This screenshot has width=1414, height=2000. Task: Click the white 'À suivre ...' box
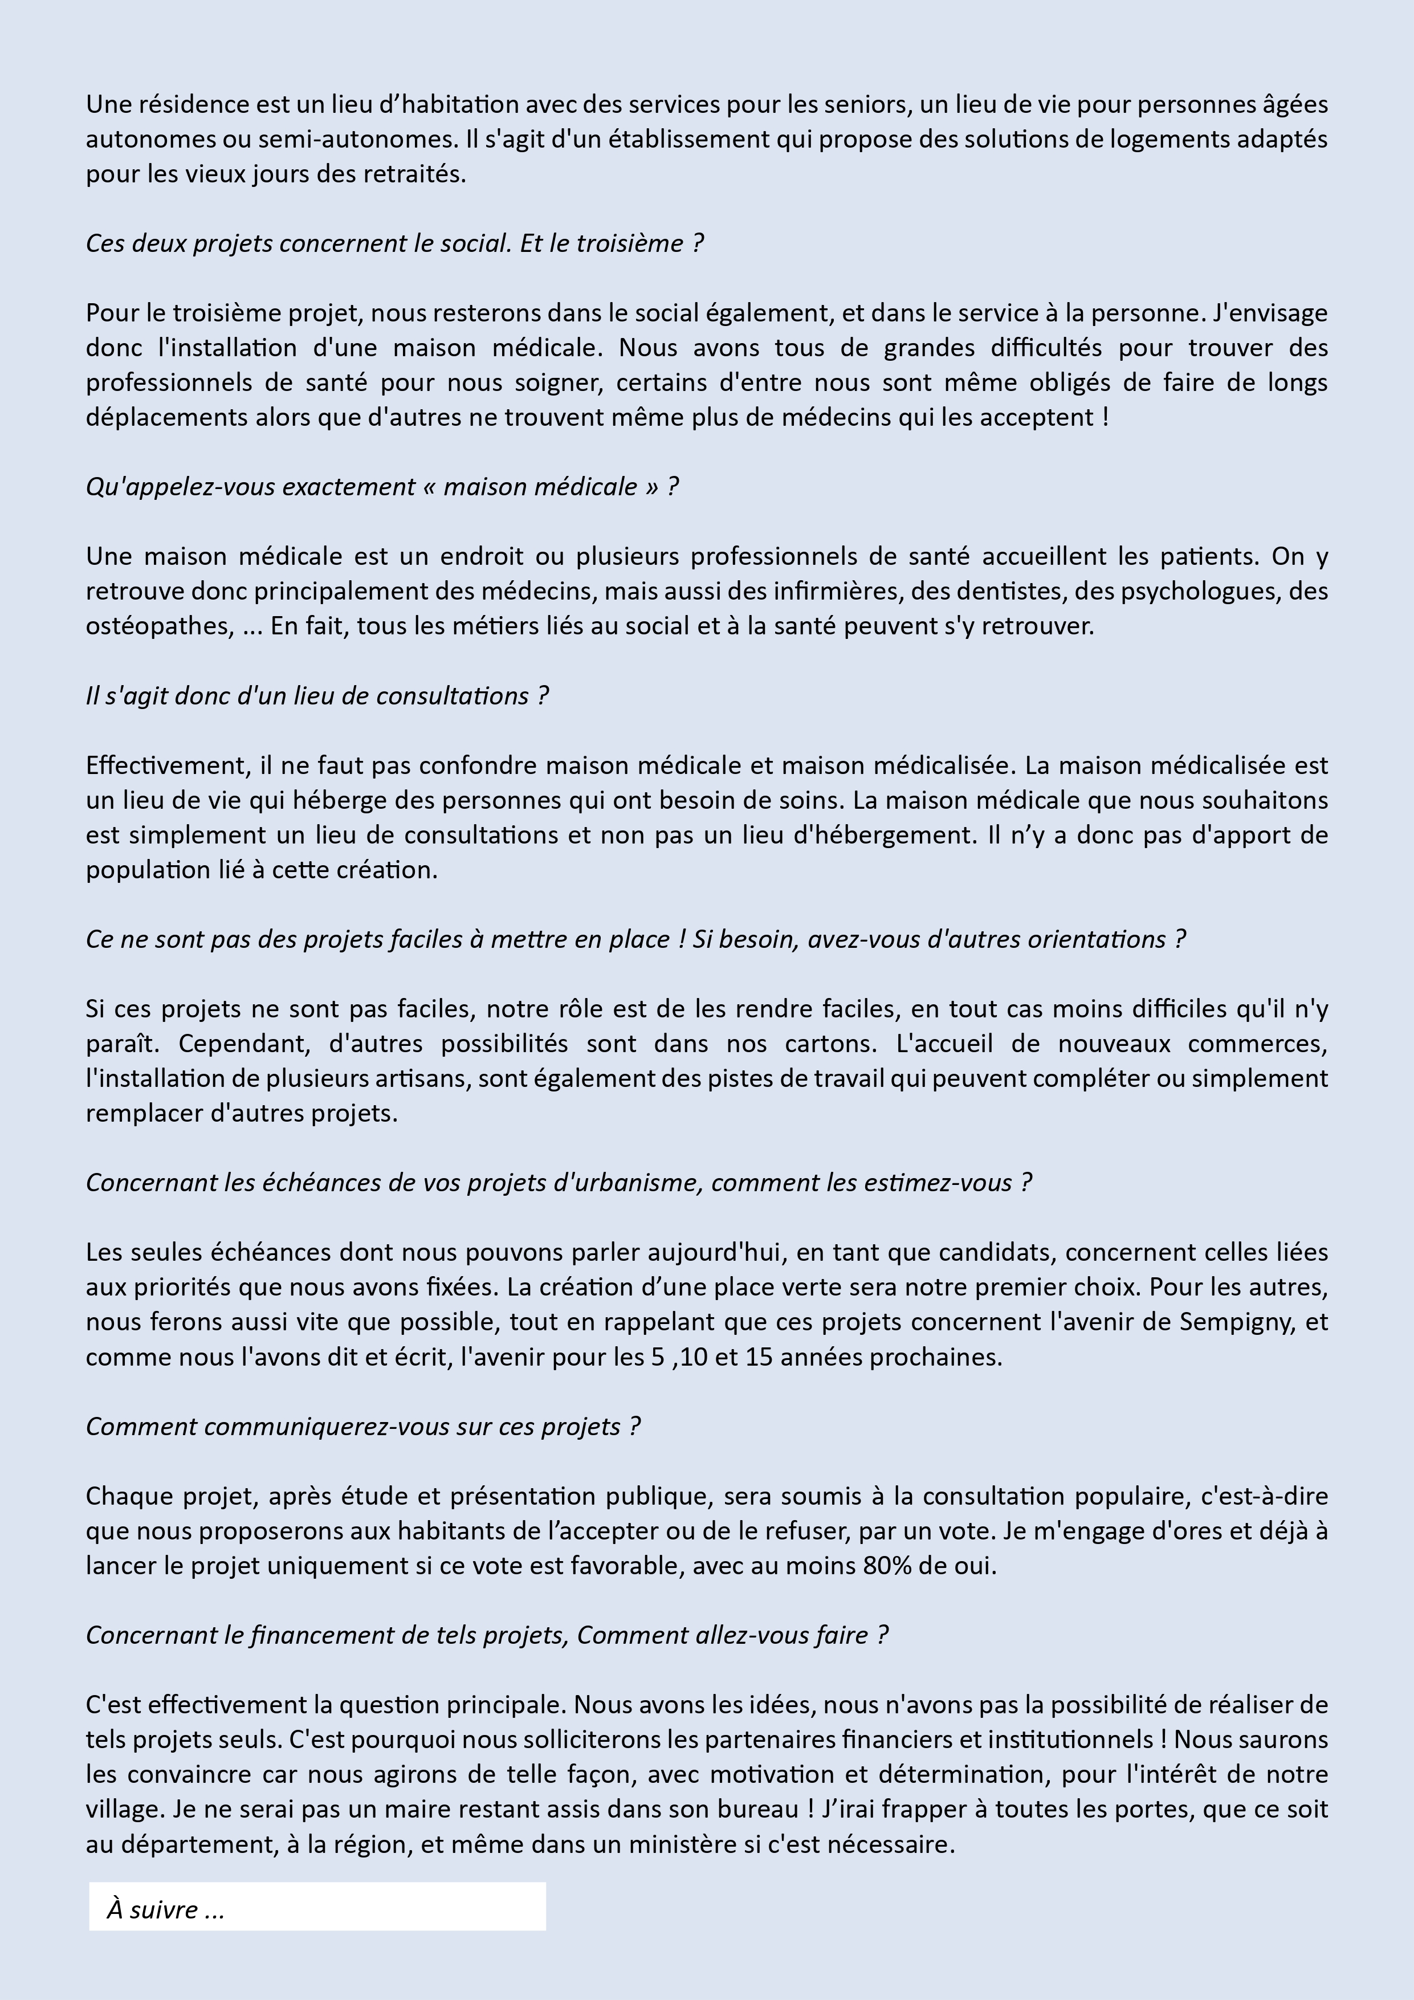[317, 1909]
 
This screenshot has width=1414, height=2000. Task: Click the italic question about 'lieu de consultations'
[317, 696]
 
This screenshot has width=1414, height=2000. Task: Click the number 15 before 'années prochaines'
[759, 1357]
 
